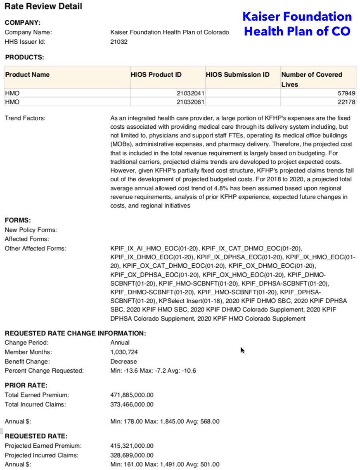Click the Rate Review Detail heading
(43, 7)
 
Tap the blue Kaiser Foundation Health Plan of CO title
(297, 24)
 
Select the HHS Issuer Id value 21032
(119, 42)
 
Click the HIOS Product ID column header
(156, 75)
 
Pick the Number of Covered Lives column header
(312, 79)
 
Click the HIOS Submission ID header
(237, 75)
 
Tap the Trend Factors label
(25, 118)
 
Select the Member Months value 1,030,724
(124, 352)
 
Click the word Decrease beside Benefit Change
(123, 361)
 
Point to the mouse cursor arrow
(242, 350)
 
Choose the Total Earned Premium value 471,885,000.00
(132, 395)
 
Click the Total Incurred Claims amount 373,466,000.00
(132, 404)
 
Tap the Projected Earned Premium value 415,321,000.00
(132, 446)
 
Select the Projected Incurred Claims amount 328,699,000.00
(132, 455)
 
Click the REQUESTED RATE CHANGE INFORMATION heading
(75, 333)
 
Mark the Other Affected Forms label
(35, 248)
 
